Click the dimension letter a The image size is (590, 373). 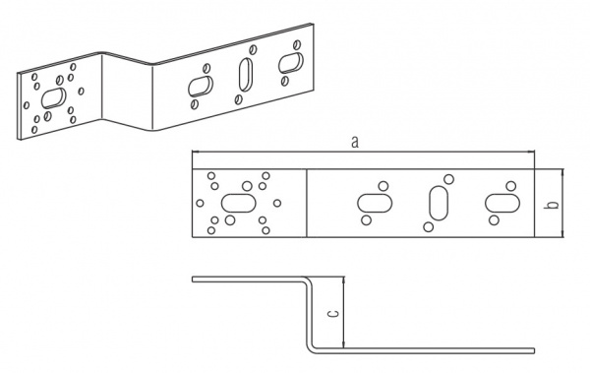click(x=354, y=143)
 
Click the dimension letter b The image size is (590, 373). click(x=553, y=204)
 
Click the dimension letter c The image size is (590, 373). click(x=333, y=313)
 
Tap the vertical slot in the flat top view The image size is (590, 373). click(x=439, y=203)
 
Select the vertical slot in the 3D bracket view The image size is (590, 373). click(x=246, y=75)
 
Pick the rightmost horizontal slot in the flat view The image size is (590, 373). click(x=502, y=203)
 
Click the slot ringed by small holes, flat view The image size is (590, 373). click(x=239, y=203)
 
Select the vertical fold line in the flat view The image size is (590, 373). click(x=307, y=203)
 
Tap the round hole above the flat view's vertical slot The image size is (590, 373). click(x=448, y=179)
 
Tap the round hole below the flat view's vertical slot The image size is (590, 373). click(x=428, y=227)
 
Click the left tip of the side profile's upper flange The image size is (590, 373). click(x=193, y=280)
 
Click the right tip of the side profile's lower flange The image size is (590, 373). click(x=534, y=350)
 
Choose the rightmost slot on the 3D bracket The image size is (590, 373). click(x=291, y=63)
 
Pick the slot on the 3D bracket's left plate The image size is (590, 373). click(x=53, y=98)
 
